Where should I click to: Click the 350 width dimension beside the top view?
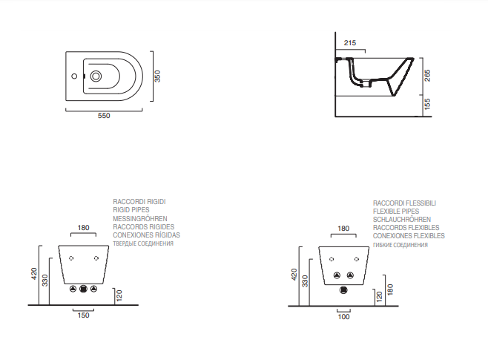(157, 76)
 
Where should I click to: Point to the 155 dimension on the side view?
(427, 106)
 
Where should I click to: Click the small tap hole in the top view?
(74, 76)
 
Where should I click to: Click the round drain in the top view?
(97, 76)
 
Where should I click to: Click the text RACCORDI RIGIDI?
(139, 202)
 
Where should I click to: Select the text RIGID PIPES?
(131, 210)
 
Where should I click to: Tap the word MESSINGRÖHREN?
(139, 219)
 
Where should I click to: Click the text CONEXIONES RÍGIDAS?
(146, 235)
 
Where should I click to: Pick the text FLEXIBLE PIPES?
(396, 211)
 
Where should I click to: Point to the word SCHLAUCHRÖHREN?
(402, 220)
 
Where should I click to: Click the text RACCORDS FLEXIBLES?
(406, 228)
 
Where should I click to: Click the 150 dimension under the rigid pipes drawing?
(83, 315)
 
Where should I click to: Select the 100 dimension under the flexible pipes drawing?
(343, 316)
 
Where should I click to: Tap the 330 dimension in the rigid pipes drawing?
(45, 280)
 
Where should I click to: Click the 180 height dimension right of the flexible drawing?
(389, 288)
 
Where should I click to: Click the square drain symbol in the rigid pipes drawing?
(83, 289)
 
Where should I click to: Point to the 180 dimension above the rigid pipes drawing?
(83, 227)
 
